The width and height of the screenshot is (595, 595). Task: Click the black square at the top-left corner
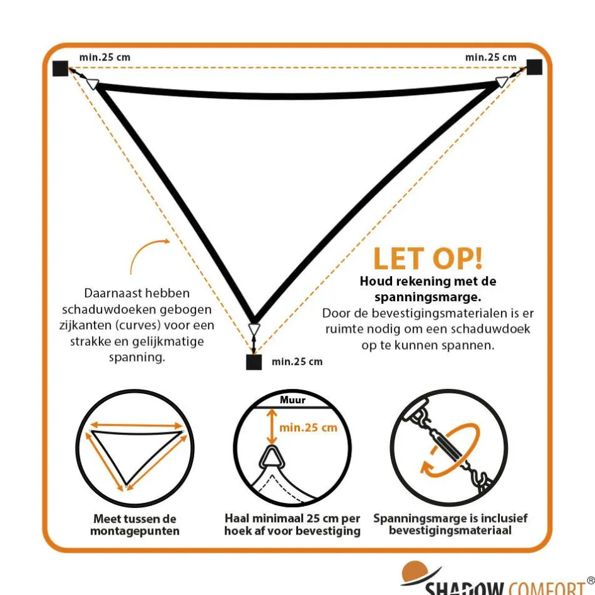tap(61, 68)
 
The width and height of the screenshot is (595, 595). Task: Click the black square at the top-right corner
tap(534, 67)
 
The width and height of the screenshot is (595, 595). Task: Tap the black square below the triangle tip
tap(254, 362)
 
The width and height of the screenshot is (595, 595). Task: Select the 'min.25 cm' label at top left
tap(105, 57)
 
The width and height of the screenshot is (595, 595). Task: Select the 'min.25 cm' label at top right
tap(490, 57)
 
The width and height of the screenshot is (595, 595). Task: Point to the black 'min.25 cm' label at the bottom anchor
tap(297, 362)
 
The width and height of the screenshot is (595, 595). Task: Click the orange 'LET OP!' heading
tap(428, 258)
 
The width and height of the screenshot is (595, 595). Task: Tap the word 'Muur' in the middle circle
tap(292, 400)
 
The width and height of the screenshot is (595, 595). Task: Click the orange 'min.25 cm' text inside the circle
tap(308, 427)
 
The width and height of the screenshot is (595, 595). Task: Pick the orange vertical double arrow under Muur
tap(271, 427)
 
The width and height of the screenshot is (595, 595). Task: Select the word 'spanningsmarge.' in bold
tap(427, 297)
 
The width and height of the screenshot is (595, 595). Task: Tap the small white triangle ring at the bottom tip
tap(254, 329)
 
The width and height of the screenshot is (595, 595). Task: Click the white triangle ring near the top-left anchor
tap(93, 83)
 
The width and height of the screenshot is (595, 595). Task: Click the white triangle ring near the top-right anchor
tap(502, 81)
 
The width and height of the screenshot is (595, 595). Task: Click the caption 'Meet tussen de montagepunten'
tap(135, 524)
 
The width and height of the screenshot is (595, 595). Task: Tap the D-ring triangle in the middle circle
tap(271, 459)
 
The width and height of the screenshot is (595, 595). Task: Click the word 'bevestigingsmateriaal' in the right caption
tap(450, 530)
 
